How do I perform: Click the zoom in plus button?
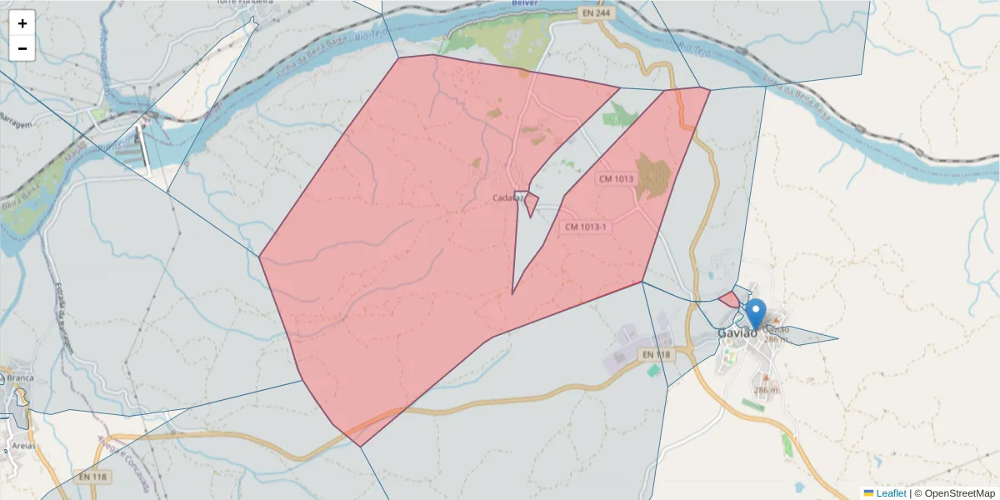pos(22,23)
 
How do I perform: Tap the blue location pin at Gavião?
pos(755,314)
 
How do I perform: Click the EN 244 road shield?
pos(595,14)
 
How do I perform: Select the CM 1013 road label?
pos(616,178)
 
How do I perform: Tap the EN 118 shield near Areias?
pos(93,477)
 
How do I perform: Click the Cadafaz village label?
pos(507,197)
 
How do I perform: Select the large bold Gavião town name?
pos(737,333)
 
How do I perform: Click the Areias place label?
pos(22,446)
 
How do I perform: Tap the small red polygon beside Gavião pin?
pos(728,298)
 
